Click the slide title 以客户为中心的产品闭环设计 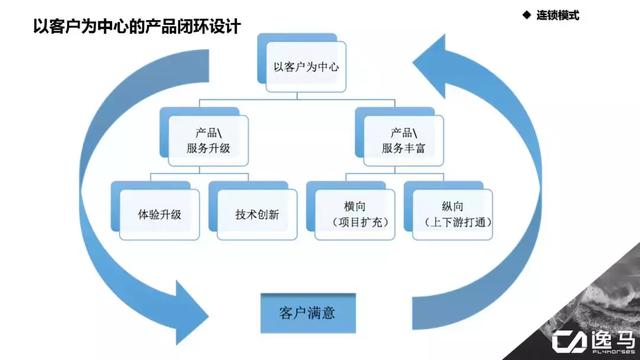click(x=137, y=26)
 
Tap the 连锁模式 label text click(x=558, y=16)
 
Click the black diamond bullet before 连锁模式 click(x=527, y=15)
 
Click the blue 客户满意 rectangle click(x=308, y=313)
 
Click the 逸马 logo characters click(x=612, y=339)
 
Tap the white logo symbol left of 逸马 click(x=569, y=342)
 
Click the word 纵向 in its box click(x=452, y=207)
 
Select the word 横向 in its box click(x=355, y=207)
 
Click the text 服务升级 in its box click(x=208, y=148)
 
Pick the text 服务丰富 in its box click(x=403, y=148)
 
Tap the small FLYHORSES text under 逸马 click(x=612, y=351)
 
